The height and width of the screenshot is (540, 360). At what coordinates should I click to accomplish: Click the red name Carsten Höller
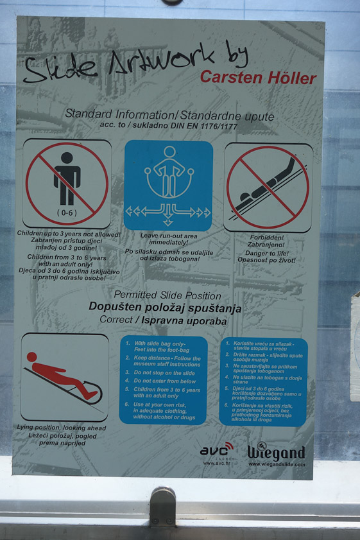[x=258, y=78]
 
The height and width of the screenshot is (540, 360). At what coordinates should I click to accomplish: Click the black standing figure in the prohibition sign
[x=67, y=177]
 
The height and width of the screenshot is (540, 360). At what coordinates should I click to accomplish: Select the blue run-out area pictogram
[x=168, y=186]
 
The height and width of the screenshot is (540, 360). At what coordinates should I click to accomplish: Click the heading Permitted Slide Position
[x=167, y=296]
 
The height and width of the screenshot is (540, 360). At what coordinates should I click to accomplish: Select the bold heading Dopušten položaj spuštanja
[x=165, y=308]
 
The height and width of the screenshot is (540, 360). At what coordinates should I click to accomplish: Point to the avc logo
[x=216, y=451]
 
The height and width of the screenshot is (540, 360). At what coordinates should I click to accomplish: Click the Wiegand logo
[x=277, y=451]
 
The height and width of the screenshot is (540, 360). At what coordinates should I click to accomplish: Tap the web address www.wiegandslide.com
[x=277, y=464]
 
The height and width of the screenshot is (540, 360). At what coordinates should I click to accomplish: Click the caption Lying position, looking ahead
[x=62, y=428]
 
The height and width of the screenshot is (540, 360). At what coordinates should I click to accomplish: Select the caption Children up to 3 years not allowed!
[x=69, y=235]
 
